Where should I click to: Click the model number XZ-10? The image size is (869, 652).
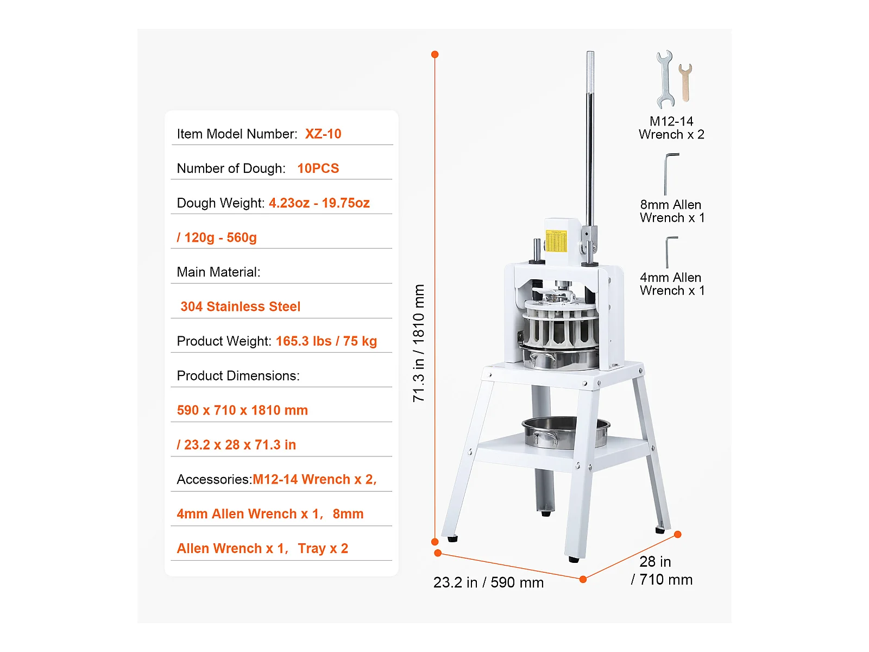coord(323,134)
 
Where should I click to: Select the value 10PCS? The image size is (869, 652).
coord(318,168)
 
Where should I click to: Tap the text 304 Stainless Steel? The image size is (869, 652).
coord(240,306)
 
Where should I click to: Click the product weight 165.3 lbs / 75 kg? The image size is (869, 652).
coord(326,341)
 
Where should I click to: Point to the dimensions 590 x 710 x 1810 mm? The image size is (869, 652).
coord(242,410)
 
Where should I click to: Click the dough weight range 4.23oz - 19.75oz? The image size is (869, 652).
coord(319,203)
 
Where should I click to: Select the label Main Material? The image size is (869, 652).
coord(218,272)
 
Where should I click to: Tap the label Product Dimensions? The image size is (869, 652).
coord(238,376)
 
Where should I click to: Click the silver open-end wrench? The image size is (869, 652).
coord(665,79)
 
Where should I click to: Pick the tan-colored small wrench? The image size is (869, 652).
coord(685,82)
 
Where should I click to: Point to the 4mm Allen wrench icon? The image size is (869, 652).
coord(670,251)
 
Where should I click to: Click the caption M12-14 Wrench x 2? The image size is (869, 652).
coord(671,128)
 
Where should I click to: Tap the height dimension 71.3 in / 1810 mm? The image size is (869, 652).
coord(418,343)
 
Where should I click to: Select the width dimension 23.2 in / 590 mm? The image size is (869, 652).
coord(488,582)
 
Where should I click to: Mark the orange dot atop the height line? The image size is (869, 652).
coord(435,54)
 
